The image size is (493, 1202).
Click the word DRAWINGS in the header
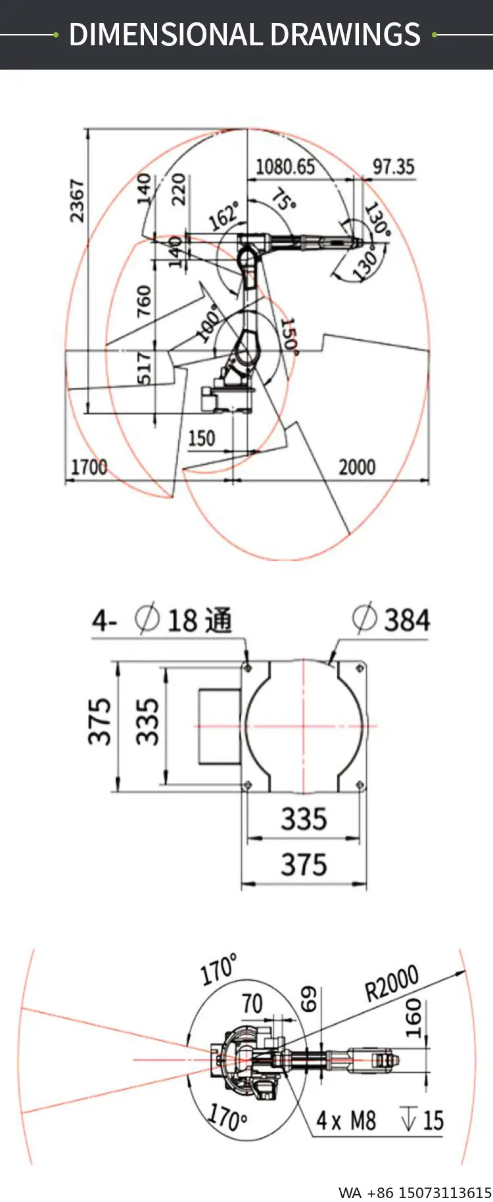pos(345,34)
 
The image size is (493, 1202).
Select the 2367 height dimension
pos(78,200)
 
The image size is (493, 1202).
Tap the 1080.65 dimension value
pos(285,166)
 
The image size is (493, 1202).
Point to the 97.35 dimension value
pos(393,166)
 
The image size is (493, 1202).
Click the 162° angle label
pos(224,217)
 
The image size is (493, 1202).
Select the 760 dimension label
pos(144,301)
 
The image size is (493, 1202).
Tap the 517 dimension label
pos(144,368)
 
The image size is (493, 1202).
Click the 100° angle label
pos(208,323)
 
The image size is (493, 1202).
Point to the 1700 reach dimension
pos(89,467)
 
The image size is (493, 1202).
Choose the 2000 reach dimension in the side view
pos(357,467)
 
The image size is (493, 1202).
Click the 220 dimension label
pos(178,189)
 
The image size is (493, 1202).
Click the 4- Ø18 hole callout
pos(162,620)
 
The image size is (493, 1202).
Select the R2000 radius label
pos(392,983)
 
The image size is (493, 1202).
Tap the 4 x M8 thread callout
pos(346,1120)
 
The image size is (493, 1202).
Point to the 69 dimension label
pos(309,998)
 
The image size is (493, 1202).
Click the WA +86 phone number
pos(415,1192)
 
